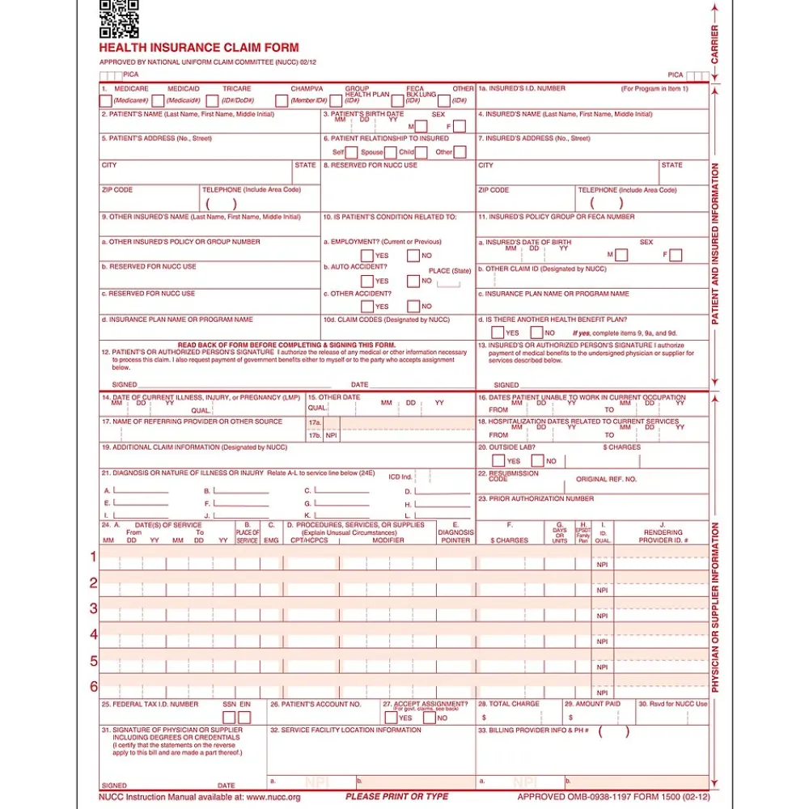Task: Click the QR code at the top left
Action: [119, 19]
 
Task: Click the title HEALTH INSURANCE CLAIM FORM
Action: [199, 49]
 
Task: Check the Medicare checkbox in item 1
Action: [105, 101]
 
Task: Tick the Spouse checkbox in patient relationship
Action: [392, 152]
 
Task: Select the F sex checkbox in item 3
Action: [459, 126]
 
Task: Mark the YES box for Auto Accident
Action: [366, 281]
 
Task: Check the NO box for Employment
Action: [413, 256]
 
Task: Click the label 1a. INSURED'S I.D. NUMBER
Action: [522, 88]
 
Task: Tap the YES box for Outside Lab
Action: [498, 461]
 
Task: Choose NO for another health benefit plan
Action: [536, 332]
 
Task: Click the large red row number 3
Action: [94, 608]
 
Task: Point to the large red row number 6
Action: [94, 687]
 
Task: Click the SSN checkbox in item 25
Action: [229, 718]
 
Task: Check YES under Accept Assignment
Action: [391, 718]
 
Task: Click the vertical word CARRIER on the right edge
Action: [715, 44]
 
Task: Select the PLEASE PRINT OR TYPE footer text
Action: [396, 797]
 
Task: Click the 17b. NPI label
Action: [322, 435]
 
